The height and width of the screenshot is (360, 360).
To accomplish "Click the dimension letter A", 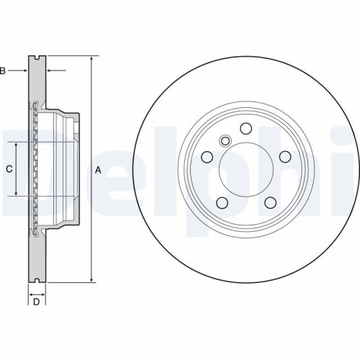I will (98, 170).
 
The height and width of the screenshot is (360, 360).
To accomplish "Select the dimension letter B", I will (3, 71).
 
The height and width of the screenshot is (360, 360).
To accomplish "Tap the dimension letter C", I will (8, 169).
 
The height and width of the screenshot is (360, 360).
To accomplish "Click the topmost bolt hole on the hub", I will (246, 129).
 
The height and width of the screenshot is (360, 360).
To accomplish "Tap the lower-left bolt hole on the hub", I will (221, 204).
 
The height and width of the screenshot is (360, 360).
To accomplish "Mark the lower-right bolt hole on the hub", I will (271, 204).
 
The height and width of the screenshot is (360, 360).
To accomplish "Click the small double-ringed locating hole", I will (225, 141).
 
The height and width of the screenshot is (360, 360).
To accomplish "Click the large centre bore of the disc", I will (246, 171).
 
